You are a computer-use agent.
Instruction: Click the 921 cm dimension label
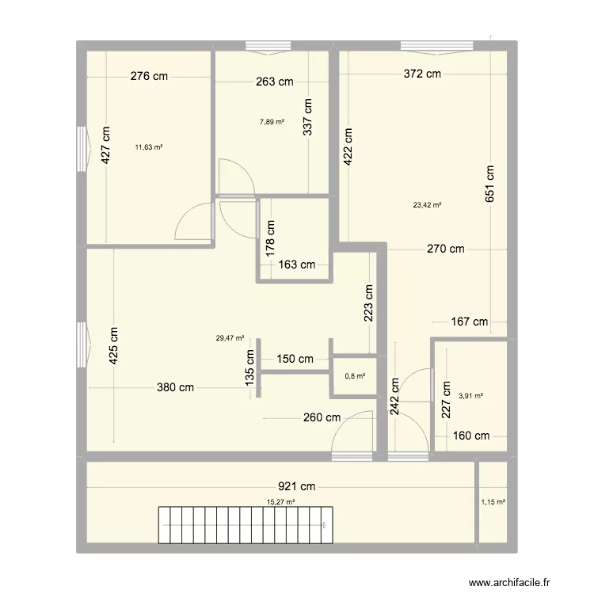pyautogui.click(x=296, y=486)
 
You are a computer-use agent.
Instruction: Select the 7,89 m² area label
pyautogui.click(x=272, y=121)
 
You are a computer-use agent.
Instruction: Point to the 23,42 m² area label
pyautogui.click(x=427, y=204)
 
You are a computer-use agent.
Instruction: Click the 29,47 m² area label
pyautogui.click(x=230, y=338)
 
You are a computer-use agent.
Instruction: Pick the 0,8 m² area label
pyautogui.click(x=354, y=376)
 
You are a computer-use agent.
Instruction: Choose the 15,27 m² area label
pyautogui.click(x=281, y=501)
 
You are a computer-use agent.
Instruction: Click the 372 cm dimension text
pyautogui.click(x=421, y=74)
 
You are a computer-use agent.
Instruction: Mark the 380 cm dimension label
pyautogui.click(x=175, y=388)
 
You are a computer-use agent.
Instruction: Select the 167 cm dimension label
pyautogui.click(x=470, y=322)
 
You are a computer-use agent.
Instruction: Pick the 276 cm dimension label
pyautogui.click(x=150, y=77)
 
